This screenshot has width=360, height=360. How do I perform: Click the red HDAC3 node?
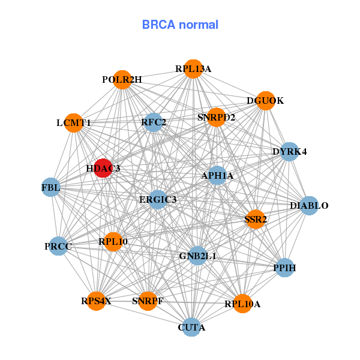coord(103,169)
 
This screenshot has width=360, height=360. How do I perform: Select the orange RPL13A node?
coord(193,68)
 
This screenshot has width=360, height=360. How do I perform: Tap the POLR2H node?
coord(122,80)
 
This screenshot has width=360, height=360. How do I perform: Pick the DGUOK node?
coord(265,101)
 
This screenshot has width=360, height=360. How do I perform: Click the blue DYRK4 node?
coord(289,151)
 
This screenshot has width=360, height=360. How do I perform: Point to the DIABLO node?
coord(308,206)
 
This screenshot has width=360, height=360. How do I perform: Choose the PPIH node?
coord(284,268)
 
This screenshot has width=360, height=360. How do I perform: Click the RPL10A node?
coord(242,304)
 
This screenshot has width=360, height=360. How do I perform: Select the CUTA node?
coord(191,327)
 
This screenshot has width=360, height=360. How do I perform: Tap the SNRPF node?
coord(148,301)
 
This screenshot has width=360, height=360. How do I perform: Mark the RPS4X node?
coord(97,301)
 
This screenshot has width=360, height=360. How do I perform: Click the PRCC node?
coord(58,246)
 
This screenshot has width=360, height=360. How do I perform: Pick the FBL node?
coord(51,187)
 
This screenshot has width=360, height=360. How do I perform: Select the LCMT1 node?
coord(73,123)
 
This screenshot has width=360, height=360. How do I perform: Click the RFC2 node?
coord(154,122)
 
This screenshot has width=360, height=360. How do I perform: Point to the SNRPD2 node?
coord(216,117)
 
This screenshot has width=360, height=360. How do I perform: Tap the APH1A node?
coord(217,175)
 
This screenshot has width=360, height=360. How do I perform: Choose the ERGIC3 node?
coord(157,199)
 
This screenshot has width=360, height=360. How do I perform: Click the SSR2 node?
coord(255,220)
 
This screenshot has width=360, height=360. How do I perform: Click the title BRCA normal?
coord(180,25)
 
